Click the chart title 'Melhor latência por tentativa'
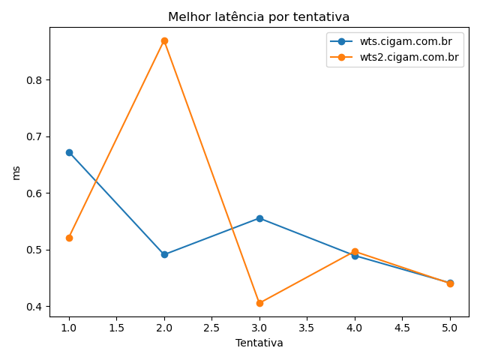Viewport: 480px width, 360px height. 259,16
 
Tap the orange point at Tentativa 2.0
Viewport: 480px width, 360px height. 164,40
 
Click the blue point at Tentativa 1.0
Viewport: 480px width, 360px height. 69,152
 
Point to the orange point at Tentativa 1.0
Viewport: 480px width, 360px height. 69,238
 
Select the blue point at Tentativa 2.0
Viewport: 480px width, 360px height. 164,254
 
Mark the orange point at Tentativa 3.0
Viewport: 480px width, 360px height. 259,303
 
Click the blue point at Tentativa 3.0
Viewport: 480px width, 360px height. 259,218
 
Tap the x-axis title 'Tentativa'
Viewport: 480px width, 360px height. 259,343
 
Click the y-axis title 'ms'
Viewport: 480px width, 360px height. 16,172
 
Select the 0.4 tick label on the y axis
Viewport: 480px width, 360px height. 35,306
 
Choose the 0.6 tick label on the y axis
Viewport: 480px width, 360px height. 35,193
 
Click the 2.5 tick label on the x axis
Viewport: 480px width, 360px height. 211,328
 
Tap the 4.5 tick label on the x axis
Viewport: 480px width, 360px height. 402,328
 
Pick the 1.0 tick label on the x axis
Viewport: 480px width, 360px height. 69,328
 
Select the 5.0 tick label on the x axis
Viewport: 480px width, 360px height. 450,328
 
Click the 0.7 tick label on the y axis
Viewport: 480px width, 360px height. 35,136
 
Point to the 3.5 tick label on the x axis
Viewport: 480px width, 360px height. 307,328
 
